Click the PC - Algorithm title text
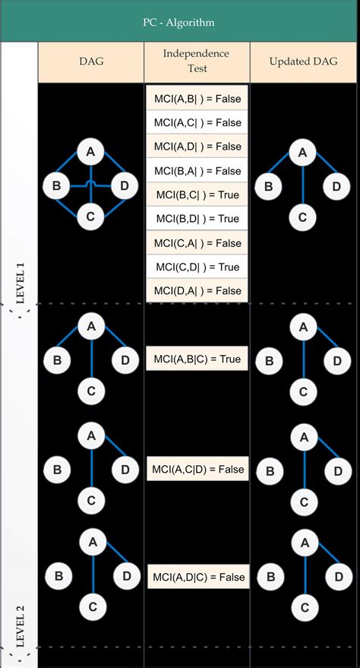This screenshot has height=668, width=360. (x=180, y=22)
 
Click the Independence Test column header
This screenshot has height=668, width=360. (x=197, y=61)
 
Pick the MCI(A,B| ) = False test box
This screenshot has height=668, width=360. (x=197, y=98)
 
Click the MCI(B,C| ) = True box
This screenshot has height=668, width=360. (x=197, y=195)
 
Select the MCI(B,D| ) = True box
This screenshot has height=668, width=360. (x=197, y=219)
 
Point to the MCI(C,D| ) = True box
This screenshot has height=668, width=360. (x=197, y=267)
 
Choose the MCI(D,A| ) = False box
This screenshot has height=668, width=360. (x=197, y=290)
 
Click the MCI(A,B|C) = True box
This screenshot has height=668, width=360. (x=197, y=358)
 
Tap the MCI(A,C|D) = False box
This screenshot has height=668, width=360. (x=197, y=469)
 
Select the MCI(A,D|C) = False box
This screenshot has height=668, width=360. (x=197, y=577)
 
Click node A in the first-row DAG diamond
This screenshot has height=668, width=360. (x=90, y=154)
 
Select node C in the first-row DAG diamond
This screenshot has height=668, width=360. (x=90, y=217)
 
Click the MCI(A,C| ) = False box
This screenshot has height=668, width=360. (x=197, y=122)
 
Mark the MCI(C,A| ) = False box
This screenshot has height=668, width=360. (x=197, y=242)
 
